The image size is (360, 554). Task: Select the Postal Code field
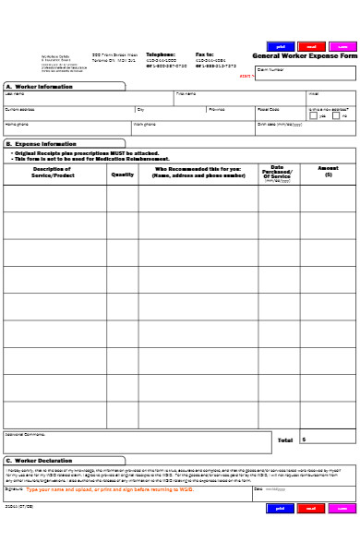(281, 111)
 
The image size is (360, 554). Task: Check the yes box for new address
(313, 115)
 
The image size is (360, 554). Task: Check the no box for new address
(338, 115)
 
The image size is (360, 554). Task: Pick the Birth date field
(305, 126)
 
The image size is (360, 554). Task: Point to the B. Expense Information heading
(42, 144)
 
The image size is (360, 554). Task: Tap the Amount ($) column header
(328, 172)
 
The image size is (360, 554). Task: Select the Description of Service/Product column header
(54, 172)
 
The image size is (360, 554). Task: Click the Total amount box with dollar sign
(327, 440)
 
